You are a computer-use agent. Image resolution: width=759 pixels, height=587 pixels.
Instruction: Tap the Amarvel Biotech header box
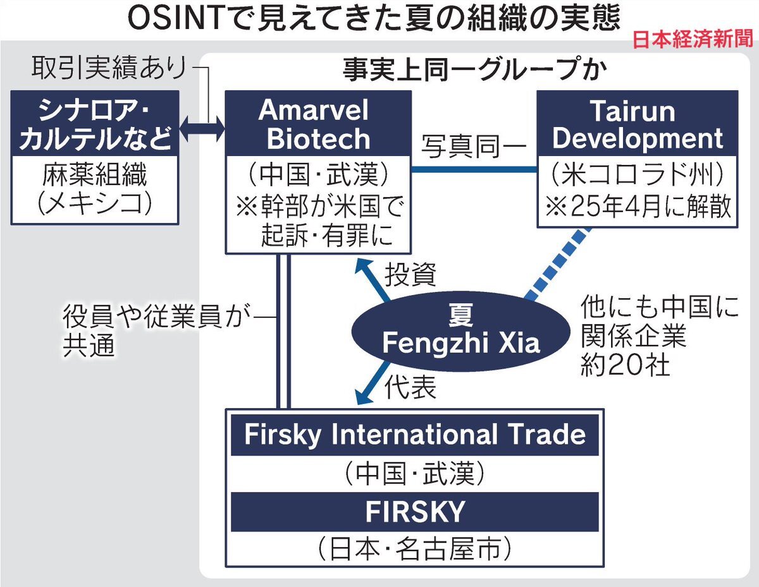pyautogui.click(x=318, y=123)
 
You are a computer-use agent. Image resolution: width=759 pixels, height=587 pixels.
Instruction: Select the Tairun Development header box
pyautogui.click(x=637, y=123)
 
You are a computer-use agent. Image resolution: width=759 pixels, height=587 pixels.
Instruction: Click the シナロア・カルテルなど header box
pyautogui.click(x=95, y=123)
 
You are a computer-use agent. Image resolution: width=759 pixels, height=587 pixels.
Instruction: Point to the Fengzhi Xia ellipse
pyautogui.click(x=460, y=331)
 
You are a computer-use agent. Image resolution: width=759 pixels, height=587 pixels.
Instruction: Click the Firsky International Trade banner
pyautogui.click(x=414, y=435)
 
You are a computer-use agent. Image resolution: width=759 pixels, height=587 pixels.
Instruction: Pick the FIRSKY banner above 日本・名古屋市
pyautogui.click(x=414, y=512)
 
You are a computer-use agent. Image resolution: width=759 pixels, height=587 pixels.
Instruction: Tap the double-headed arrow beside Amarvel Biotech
pyautogui.click(x=202, y=129)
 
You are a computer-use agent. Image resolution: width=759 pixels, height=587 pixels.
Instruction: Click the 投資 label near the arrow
pyautogui.click(x=410, y=274)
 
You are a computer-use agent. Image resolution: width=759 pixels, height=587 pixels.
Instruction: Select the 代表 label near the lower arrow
pyautogui.click(x=410, y=387)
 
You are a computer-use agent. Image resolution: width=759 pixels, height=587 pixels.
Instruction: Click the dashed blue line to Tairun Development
pyautogui.click(x=558, y=264)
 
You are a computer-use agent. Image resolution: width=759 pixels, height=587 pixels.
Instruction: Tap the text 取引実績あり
pyautogui.click(x=109, y=68)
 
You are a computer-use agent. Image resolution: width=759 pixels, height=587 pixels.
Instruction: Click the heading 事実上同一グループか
pyautogui.click(x=474, y=70)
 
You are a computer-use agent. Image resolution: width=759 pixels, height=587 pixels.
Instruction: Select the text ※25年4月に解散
pyautogui.click(x=638, y=207)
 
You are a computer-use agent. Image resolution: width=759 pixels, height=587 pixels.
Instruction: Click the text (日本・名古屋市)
pyautogui.click(x=414, y=548)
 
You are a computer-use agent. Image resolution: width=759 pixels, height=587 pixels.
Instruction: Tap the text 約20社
pyautogui.click(x=625, y=366)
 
